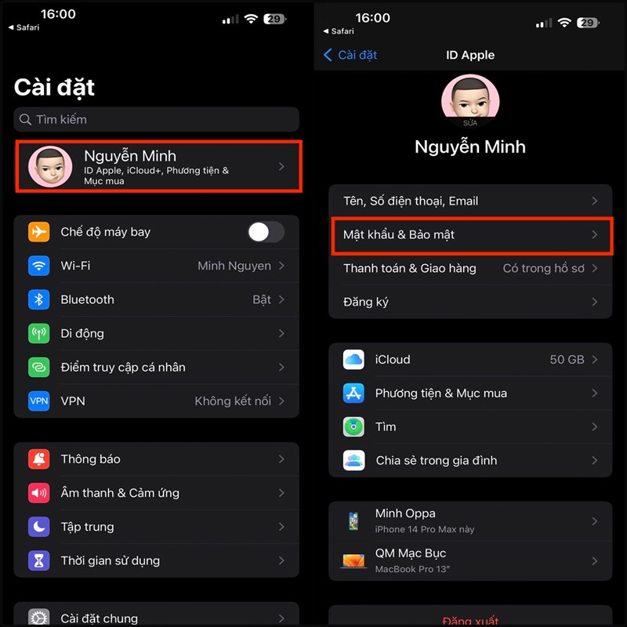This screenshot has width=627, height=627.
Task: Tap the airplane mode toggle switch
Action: click(x=266, y=232)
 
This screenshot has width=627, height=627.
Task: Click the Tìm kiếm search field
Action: click(x=157, y=120)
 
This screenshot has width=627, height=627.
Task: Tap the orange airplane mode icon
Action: click(x=38, y=232)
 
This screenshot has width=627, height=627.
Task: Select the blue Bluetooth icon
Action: click(x=38, y=299)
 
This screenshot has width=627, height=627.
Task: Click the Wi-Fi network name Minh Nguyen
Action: click(x=234, y=266)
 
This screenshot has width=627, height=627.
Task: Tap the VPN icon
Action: click(x=38, y=401)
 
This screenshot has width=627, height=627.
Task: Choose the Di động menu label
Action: click(x=82, y=333)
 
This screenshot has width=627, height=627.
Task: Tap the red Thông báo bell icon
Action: click(x=38, y=459)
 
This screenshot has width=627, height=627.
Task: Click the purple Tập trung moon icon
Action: click(x=38, y=527)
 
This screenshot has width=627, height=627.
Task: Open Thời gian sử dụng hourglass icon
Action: click(x=38, y=560)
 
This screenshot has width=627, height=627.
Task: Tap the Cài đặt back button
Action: click(x=350, y=55)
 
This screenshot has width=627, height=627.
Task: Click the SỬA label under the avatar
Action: click(x=469, y=123)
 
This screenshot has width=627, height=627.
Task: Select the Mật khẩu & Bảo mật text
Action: click(x=399, y=234)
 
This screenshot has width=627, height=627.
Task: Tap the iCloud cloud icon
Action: click(x=353, y=360)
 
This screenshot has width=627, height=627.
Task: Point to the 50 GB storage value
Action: click(x=567, y=360)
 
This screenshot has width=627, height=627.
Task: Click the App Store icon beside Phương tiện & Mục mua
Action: click(x=353, y=393)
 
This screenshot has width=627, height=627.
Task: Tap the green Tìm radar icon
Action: click(x=353, y=427)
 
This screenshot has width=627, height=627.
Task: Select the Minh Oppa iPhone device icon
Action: click(x=353, y=520)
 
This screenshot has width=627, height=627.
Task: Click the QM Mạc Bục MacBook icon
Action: click(x=353, y=560)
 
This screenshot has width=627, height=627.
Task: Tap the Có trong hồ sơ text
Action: click(x=543, y=268)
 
